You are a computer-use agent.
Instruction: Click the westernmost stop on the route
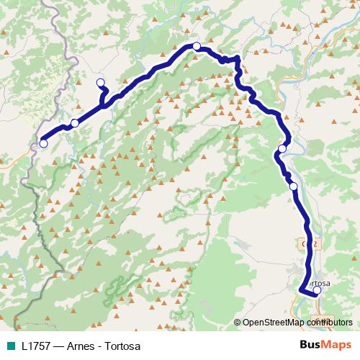point(43,143)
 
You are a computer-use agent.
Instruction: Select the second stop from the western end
point(74,123)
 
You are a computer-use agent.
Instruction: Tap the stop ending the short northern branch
point(100,82)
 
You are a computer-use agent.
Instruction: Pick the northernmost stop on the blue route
point(196,46)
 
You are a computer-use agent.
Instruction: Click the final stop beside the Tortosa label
point(316,291)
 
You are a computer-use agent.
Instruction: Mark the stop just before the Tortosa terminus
point(293,186)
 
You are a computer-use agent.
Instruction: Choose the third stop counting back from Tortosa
point(282,149)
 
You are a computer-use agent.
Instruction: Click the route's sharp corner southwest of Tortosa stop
point(300,289)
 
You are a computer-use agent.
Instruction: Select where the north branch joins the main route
point(106,105)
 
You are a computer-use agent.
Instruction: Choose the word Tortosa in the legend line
point(121,346)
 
